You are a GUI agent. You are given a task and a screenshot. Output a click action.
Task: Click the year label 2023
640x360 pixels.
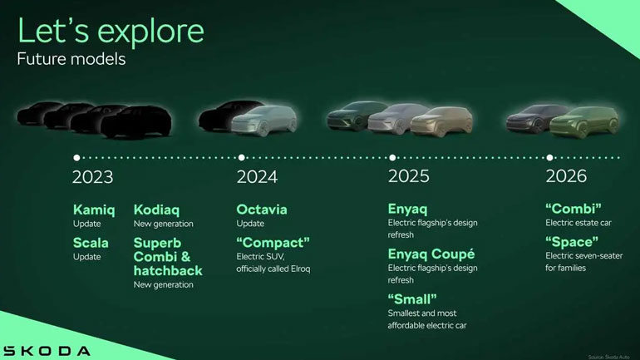click(92, 176)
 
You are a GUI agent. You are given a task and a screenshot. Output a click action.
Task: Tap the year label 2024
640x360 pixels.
click(257, 176)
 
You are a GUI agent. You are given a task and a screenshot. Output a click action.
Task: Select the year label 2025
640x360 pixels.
click(409, 176)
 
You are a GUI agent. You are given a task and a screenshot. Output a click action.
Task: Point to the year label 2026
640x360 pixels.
click(566, 176)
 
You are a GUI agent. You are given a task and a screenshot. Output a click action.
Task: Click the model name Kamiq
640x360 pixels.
click(94, 210)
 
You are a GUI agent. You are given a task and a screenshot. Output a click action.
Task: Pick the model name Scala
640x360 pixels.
click(91, 243)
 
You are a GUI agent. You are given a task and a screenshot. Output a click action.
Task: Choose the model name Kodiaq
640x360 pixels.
click(156, 210)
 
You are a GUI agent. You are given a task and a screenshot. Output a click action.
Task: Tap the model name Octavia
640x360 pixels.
click(262, 210)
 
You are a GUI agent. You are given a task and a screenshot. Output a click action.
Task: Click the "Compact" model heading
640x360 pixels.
click(273, 243)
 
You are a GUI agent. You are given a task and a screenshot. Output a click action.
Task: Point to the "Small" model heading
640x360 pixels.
click(412, 298)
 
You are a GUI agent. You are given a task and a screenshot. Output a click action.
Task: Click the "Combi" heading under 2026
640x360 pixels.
click(573, 210)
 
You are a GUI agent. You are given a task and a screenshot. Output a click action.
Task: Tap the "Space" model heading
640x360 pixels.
click(573, 243)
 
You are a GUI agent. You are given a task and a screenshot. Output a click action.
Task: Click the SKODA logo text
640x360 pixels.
click(47, 350)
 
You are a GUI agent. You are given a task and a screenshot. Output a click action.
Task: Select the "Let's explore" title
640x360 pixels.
click(110, 31)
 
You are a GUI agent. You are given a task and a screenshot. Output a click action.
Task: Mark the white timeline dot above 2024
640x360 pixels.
click(241, 156)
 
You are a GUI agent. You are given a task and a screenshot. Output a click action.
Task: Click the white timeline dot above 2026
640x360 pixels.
click(549, 156)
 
